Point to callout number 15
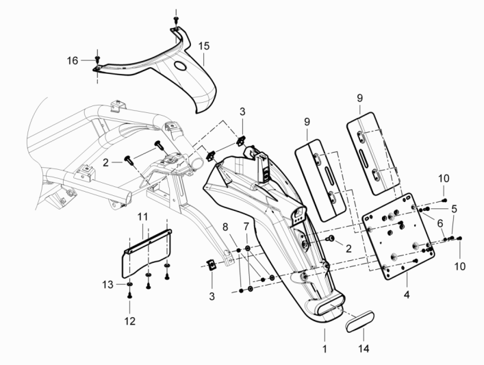coord(204,47)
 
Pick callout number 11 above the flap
coord(142,217)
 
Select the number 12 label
coord(129,320)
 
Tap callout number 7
coord(246,226)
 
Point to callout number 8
coord(225,226)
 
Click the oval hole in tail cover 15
coord(183,66)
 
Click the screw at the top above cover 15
coord(175,21)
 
